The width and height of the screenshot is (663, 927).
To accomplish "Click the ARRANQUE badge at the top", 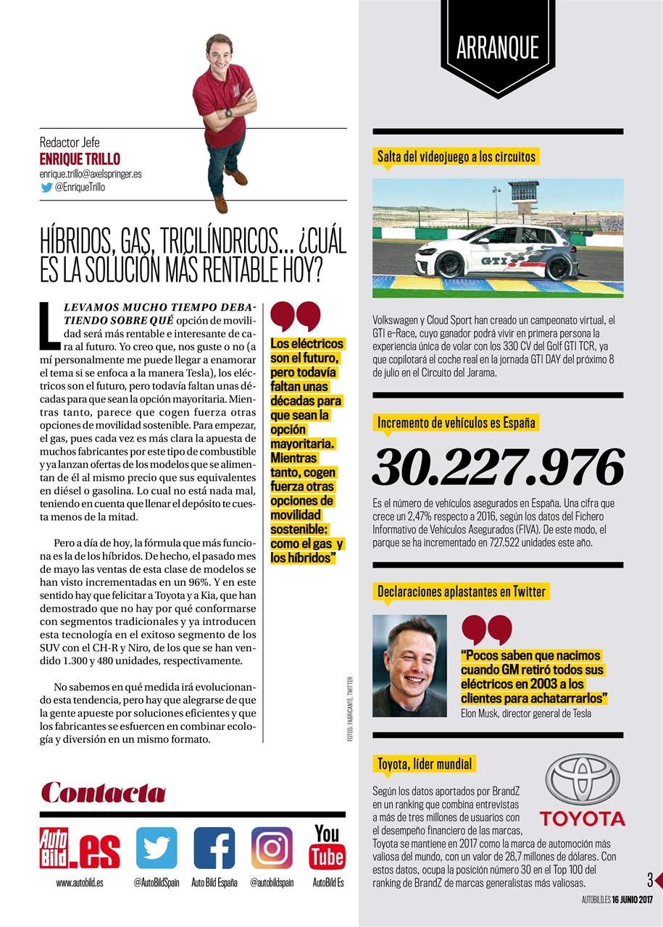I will [x=497, y=48].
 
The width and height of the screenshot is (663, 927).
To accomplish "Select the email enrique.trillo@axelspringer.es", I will [x=91, y=175].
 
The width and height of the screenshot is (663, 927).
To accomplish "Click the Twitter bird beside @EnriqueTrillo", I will [x=46, y=187].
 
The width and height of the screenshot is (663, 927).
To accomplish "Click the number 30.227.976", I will [x=497, y=467].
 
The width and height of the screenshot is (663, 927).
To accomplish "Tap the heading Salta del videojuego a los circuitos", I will [x=456, y=156].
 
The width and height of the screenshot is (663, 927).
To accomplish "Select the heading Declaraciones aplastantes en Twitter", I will [x=461, y=592].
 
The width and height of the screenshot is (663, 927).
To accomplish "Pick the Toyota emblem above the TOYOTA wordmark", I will [x=582, y=779].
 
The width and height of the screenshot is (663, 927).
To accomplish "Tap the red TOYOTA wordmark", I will [x=582, y=819].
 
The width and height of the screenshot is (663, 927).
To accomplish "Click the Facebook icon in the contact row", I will [x=214, y=847].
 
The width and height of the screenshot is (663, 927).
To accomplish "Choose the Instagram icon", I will [x=272, y=847].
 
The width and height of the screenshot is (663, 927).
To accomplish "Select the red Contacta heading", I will [x=103, y=792].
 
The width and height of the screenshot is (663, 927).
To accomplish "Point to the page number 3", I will [x=650, y=880].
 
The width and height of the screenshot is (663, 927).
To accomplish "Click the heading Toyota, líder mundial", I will [x=424, y=763].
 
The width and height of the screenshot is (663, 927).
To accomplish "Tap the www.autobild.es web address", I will [x=79, y=883].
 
